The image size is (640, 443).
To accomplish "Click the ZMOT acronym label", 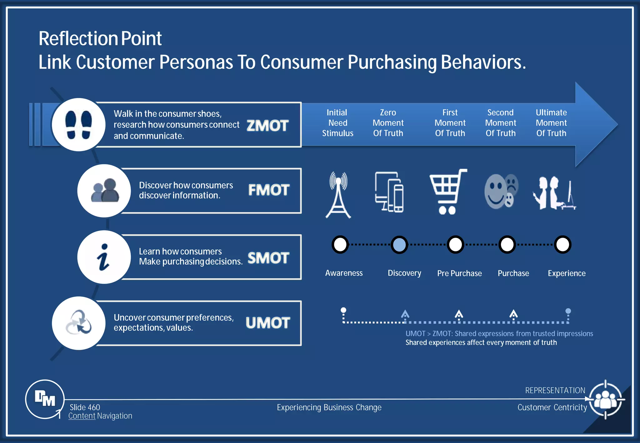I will tap(267, 126).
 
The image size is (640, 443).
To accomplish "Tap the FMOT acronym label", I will tap(269, 190).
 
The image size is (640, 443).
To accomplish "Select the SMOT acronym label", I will tap(268, 258).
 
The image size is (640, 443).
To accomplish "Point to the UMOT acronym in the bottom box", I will tap(268, 323).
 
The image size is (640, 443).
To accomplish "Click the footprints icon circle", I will tap(78, 125).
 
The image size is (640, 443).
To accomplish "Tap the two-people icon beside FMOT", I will tap(104, 191).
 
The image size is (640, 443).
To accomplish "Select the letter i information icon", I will tap(103, 257).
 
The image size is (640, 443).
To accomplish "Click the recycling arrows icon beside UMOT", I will tap(78, 323).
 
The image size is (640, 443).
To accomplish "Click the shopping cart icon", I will tap(447, 192).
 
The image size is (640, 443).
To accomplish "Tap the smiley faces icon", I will tap(501, 191).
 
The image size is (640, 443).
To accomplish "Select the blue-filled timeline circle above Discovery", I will tap(399, 244).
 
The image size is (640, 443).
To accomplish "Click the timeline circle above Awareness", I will tap(340, 244).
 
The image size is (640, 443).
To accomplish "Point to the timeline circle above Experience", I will tap(562, 244).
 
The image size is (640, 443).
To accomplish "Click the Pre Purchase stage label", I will tap(459, 273).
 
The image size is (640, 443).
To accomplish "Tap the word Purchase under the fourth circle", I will tap(513, 273).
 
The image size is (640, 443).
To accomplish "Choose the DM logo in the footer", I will tap(45, 399).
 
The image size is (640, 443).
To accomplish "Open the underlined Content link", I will tap(82, 416).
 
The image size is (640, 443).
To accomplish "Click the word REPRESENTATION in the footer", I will tap(555, 390).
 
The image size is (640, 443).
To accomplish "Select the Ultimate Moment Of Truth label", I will tap(551, 123).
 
